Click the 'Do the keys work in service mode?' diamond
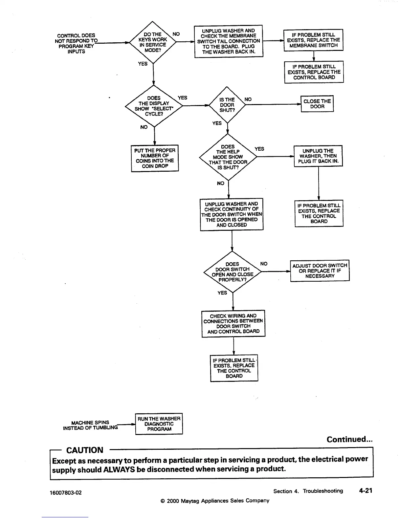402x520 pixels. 153,42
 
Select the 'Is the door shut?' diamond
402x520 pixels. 227,105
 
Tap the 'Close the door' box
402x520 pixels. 317,104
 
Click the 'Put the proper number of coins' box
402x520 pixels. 155,158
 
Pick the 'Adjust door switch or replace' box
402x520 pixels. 320,271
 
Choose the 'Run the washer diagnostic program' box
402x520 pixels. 159,424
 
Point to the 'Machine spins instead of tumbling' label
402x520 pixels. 90,425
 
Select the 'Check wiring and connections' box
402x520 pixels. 233,323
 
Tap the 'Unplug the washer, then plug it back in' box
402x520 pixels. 318,156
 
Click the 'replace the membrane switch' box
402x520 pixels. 313,40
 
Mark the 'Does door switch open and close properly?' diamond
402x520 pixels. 232,272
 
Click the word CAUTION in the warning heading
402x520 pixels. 85,450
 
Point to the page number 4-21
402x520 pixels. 366,490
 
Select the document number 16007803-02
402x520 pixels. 66,492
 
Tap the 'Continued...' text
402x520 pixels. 349,439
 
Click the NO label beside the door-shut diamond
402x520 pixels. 248,99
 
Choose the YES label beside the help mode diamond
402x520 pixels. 259,149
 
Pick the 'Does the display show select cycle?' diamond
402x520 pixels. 154,106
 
